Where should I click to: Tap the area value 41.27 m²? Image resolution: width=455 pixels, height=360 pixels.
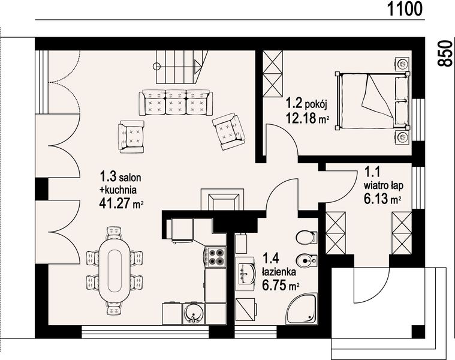[x=120, y=203]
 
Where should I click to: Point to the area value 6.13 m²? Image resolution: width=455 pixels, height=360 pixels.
[x=382, y=199]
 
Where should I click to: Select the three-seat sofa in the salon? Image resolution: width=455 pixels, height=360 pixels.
[x=175, y=103]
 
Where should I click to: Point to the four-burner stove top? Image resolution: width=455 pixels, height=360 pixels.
[x=216, y=257]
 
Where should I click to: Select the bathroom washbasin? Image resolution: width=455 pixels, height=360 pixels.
[x=246, y=274]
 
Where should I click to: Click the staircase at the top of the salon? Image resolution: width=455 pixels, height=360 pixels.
[x=178, y=67]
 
